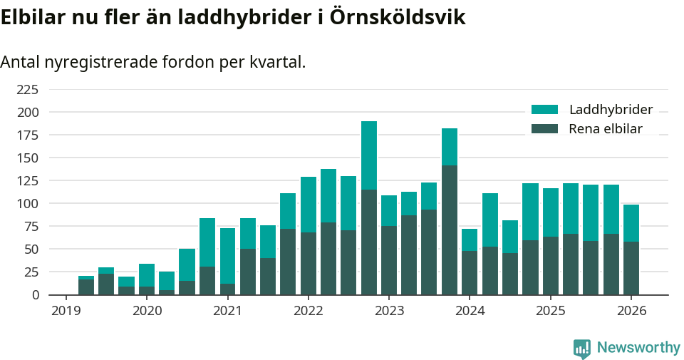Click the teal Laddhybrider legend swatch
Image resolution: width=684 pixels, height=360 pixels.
[545, 110]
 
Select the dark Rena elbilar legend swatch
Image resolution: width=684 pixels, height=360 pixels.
[545, 129]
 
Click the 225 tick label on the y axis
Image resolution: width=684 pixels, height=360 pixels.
[27, 89]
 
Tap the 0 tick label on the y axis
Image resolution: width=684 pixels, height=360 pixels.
[35, 294]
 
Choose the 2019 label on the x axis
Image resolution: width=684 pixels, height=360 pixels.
[66, 311]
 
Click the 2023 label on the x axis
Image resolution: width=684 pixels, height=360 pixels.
[389, 311]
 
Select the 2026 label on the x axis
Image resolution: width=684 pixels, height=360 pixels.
[631, 311]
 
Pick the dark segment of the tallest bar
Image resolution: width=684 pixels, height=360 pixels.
[369, 242]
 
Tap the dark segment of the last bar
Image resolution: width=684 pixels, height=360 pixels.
[631, 268]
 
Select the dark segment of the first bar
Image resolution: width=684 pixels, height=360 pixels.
[86, 287]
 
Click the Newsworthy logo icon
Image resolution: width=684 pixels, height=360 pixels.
[582, 348]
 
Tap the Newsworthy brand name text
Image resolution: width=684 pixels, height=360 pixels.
[638, 348]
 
